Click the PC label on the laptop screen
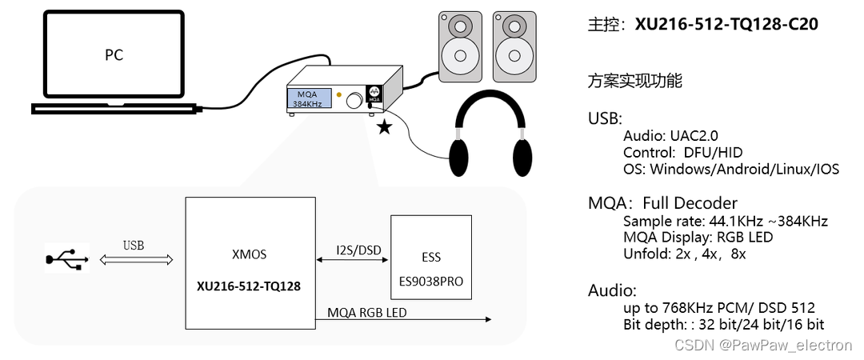114,55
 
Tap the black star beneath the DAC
385,127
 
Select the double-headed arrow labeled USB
135,260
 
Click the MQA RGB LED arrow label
367,312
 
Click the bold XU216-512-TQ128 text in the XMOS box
250,285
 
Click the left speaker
460,46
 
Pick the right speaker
514,46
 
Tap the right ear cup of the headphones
521,158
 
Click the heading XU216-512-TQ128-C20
726,25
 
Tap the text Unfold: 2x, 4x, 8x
684,254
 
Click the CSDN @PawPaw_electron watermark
762,346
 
